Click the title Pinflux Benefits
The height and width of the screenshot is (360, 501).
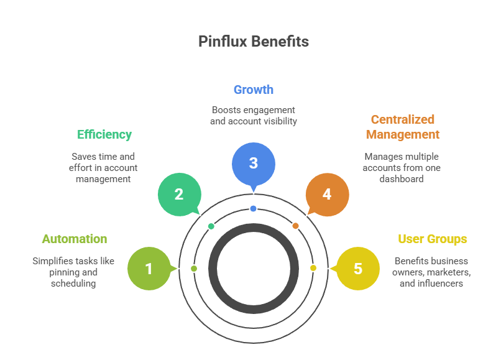coord(254,42)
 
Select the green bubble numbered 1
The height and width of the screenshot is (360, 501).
coord(149,269)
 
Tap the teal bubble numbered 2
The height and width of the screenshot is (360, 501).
coord(179,194)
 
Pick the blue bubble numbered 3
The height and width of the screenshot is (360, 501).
coord(253,164)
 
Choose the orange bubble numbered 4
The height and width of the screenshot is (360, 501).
coord(327,194)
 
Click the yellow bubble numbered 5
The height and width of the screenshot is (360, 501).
coord(358,269)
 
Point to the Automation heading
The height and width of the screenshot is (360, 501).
coord(74,239)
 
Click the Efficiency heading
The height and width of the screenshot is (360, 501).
coord(104,134)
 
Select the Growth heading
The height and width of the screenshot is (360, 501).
coord(253,90)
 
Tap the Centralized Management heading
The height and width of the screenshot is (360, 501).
coord(402,127)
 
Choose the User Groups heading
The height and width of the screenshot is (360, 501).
coord(432,239)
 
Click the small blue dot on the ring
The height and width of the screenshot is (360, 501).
coord(253,208)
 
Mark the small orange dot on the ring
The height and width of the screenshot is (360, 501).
coord(295,226)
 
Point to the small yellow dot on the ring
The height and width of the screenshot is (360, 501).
coord(313,268)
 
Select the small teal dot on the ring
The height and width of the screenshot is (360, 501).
coord(211,226)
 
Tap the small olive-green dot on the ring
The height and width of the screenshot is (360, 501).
coord(193,268)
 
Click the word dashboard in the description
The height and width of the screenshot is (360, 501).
coord(402,179)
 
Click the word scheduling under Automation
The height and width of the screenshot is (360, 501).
coord(74,284)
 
